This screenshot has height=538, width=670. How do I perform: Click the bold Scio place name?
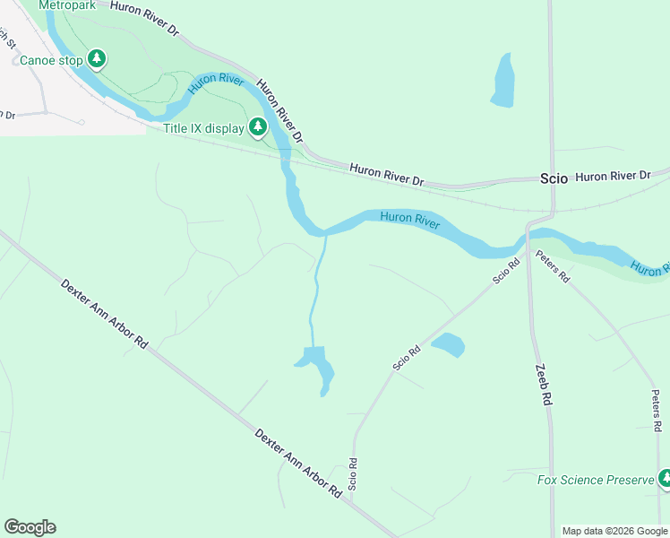[x=554, y=178]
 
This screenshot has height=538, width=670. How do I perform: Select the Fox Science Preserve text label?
[x=596, y=480]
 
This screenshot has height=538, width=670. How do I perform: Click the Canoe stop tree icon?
[x=97, y=60]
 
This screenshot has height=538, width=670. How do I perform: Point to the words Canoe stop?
[x=52, y=61]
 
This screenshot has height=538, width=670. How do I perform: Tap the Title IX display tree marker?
[x=258, y=127]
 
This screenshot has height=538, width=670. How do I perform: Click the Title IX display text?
[x=203, y=128]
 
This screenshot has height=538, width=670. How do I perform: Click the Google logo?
[x=30, y=527]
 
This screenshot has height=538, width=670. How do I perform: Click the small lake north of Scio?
[x=503, y=81]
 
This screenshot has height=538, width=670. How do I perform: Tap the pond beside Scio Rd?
[x=448, y=344]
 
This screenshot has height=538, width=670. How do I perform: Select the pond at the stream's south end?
[x=317, y=365]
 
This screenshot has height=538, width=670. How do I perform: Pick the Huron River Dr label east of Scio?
[x=612, y=176]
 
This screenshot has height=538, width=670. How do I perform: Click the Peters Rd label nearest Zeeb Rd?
[x=553, y=266]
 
